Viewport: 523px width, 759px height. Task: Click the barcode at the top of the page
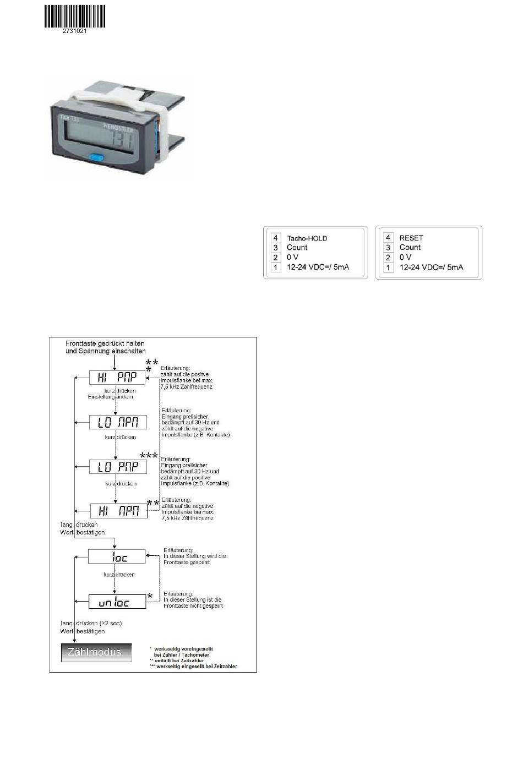74,16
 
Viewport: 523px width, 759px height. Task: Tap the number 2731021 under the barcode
75,31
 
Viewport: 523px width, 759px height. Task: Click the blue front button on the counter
97,158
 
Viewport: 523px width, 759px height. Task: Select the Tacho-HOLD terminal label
307,238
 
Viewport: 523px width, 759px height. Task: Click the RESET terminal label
411,238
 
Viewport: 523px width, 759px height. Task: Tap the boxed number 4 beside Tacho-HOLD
275,238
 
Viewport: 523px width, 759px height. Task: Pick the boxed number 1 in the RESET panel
388,267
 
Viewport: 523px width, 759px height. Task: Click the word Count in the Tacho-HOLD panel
297,248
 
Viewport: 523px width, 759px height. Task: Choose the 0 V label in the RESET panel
405,258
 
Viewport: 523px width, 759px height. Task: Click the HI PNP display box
117,377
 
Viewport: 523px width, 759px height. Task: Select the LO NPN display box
118,422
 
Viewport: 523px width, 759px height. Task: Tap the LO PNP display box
118,467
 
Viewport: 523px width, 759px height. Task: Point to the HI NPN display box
118,511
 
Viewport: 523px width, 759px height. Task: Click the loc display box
117,556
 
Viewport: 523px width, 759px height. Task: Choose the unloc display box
117,602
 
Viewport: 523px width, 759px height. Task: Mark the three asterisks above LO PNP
149,456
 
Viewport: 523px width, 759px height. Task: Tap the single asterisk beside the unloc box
150,596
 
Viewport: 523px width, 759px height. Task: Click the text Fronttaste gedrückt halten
105,343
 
